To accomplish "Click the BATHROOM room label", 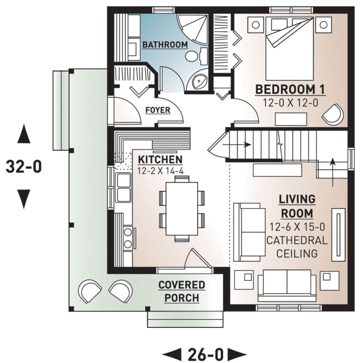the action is pos(165,45).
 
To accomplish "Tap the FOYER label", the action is pos(158,110).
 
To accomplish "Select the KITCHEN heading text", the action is pos(160,160).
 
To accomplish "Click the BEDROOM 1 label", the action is pos(290,90).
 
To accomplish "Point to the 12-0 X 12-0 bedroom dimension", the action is pos(291,103).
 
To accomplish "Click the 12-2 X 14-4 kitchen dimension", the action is pos(160,171).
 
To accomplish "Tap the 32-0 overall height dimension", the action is pos(24,167).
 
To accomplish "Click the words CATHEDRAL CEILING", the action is pos(297,247).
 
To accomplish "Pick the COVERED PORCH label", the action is pos(182,291).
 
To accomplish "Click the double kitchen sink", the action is pos(124,188).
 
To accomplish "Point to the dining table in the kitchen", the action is pos(182,209).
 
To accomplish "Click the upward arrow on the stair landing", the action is pos(333,172).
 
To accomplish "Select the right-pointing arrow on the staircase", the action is pos(237,145).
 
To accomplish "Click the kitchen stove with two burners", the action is pos(128,237).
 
